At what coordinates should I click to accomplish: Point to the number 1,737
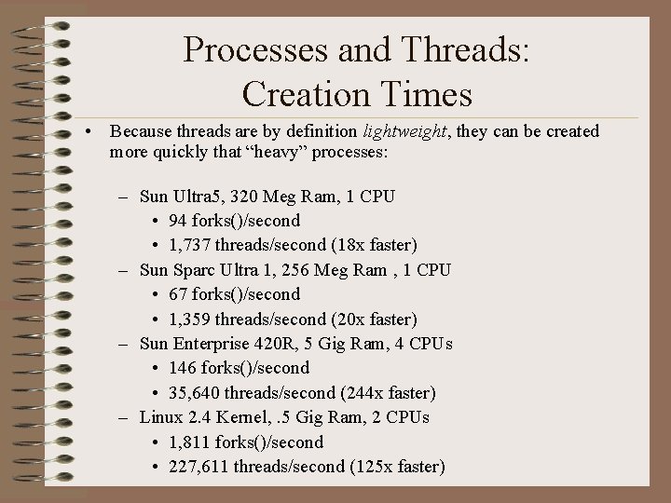click(191, 245)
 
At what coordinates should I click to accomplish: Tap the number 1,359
click(191, 319)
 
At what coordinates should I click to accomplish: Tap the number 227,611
click(199, 467)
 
